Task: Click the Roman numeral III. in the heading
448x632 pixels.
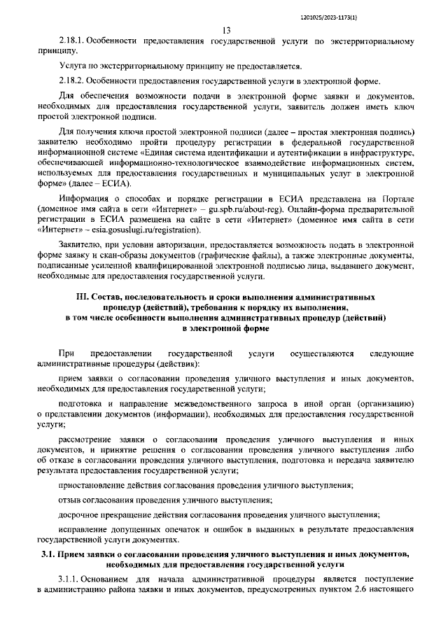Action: pyautogui.click(x=86, y=297)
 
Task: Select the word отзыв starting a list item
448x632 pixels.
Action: pyautogui.click(x=71, y=500)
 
